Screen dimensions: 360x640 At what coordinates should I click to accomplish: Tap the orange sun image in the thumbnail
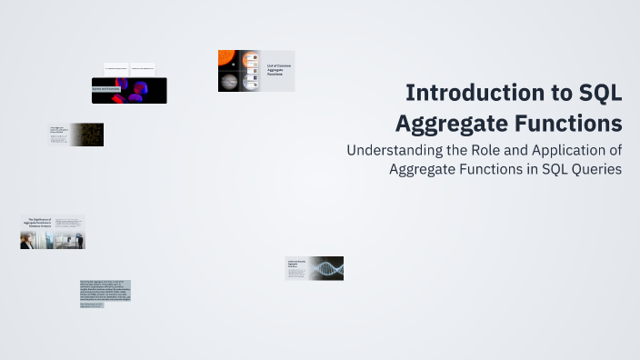(227, 60)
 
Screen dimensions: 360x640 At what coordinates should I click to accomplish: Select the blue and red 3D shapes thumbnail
(136, 90)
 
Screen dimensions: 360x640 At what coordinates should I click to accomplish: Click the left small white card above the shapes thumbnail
(115, 69)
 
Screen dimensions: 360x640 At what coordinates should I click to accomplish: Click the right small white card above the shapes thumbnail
(143, 69)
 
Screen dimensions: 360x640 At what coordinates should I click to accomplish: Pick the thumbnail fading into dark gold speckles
(87, 135)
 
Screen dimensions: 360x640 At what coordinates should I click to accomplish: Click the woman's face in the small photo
(26, 238)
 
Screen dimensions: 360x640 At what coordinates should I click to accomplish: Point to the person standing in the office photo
(79, 241)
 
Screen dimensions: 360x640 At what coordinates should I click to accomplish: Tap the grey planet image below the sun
(228, 82)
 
